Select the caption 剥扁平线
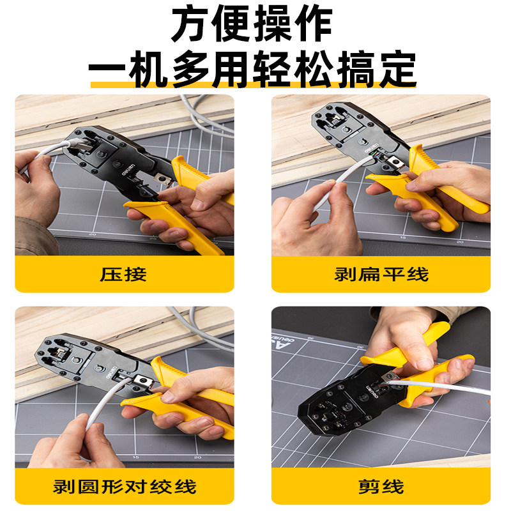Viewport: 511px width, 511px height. point(381,275)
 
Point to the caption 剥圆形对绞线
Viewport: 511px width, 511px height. point(124,487)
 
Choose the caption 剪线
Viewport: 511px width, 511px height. point(381,487)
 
